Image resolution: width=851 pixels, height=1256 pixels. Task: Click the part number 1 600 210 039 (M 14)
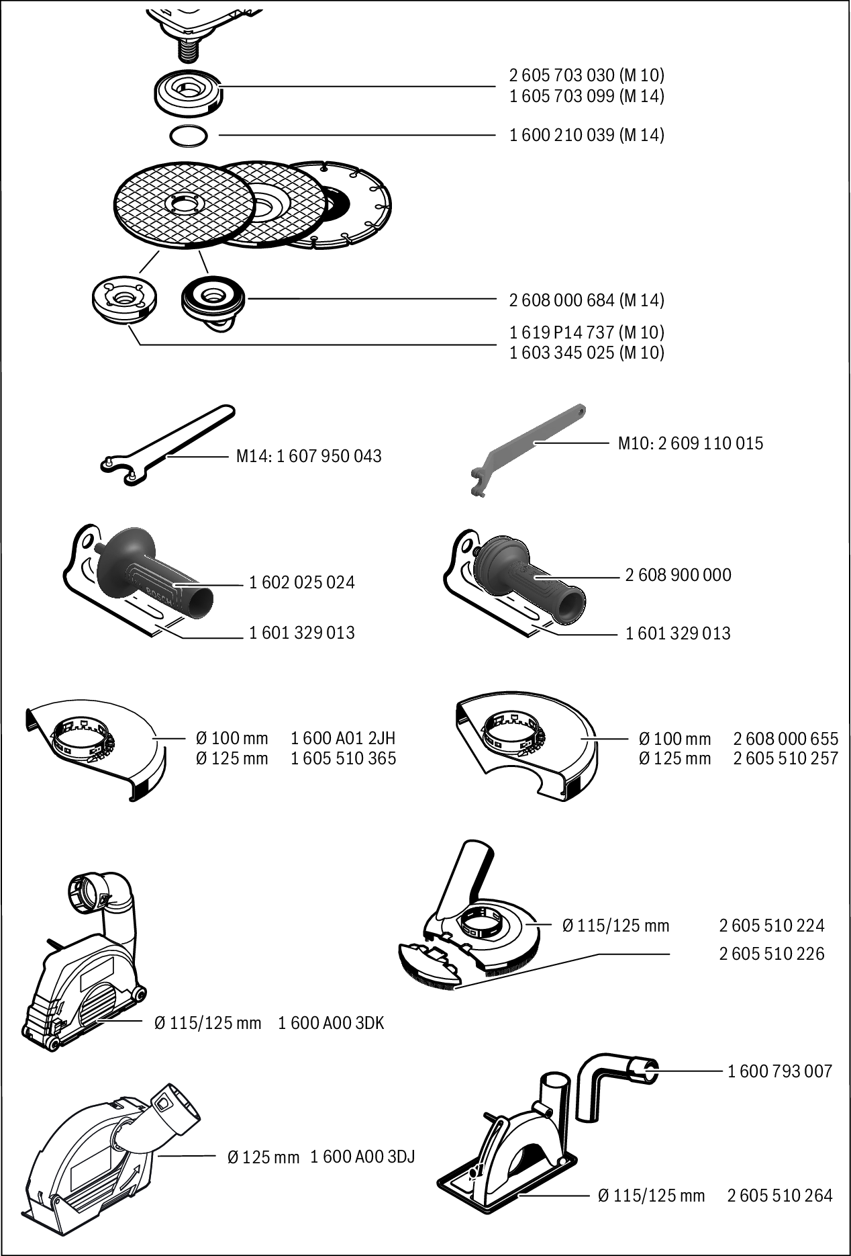(586, 135)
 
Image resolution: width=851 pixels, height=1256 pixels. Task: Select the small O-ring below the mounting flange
(188, 136)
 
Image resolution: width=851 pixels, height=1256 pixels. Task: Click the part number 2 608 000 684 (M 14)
(586, 300)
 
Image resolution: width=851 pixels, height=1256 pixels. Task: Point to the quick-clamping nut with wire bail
(212, 300)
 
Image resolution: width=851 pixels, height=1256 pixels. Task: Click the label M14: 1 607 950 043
(309, 456)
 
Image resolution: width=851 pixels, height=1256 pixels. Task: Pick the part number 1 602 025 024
(301, 582)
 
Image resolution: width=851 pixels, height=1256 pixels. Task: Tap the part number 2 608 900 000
(678, 575)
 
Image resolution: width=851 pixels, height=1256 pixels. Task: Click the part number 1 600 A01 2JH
(343, 738)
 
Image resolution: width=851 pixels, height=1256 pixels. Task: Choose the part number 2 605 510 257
(785, 758)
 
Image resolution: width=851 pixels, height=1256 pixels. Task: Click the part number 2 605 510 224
(771, 926)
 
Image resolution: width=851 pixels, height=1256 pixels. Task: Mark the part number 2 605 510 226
(771, 954)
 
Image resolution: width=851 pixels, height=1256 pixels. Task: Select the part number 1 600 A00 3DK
(331, 1023)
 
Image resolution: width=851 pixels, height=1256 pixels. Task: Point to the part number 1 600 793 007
(780, 1071)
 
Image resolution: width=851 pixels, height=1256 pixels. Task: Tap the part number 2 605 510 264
(779, 1196)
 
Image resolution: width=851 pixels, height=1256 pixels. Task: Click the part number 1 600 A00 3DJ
(362, 1157)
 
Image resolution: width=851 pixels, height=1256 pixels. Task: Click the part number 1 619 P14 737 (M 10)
(586, 332)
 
